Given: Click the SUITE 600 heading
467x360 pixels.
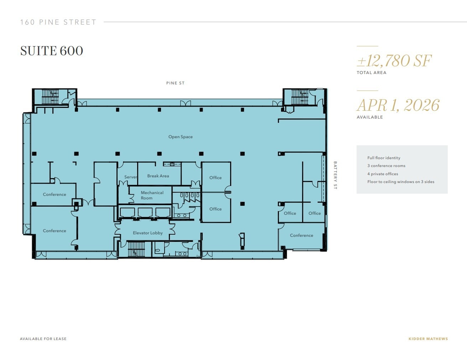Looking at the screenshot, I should point(52,51).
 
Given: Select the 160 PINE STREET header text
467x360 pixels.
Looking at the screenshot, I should point(58,22).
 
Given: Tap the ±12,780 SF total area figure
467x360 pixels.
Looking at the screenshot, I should point(394,61).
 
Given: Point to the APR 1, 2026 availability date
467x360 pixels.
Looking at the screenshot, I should point(398,105).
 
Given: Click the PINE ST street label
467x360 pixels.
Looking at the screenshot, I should point(175,83).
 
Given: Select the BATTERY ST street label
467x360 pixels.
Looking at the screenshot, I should point(335,175).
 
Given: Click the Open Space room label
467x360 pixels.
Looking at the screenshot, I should point(180,137).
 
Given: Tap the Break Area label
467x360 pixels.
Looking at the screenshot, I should point(158,176).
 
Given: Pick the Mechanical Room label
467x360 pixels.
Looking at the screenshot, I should point(152,195).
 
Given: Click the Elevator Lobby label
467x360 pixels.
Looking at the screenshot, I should point(147,233).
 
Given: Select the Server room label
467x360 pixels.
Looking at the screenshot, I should point(130,177).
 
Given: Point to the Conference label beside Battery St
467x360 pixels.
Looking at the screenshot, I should point(301,235).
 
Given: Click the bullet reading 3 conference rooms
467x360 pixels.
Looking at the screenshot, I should point(386,166).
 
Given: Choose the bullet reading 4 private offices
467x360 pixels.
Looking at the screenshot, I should point(383,174).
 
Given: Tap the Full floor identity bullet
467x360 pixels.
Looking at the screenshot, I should point(384,158).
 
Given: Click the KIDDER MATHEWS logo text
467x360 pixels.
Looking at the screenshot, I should point(428,339).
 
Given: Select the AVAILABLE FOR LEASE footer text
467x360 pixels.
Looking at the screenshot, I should point(43,339).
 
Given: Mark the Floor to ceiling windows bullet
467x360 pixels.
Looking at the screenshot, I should point(401,182).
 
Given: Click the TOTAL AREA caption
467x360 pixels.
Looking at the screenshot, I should point(371,73).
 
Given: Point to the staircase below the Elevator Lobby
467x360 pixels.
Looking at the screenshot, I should point(136,249).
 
